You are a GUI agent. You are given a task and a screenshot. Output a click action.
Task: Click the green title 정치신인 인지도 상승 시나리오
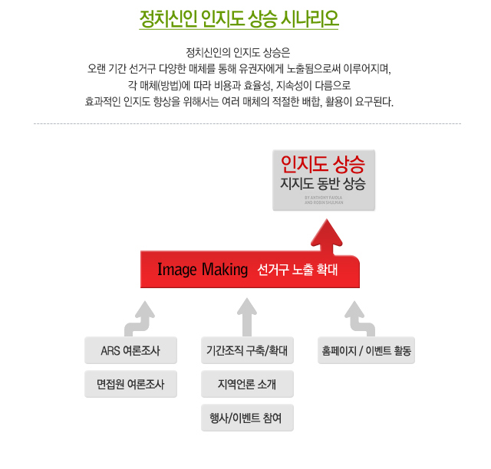click(x=239, y=18)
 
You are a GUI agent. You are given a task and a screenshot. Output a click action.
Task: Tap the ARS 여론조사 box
click(x=130, y=351)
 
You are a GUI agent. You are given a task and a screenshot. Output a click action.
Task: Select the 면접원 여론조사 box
click(x=130, y=383)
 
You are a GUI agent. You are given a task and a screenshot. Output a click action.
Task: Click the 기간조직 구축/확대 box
click(x=247, y=351)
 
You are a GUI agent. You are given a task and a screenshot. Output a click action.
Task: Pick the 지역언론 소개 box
click(x=247, y=383)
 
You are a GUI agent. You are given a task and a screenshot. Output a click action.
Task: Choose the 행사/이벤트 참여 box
click(x=247, y=418)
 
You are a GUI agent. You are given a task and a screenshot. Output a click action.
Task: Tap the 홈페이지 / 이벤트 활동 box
click(x=366, y=351)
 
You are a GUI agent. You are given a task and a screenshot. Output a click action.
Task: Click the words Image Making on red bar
click(x=203, y=269)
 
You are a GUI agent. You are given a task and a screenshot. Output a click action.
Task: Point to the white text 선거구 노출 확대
click(x=298, y=270)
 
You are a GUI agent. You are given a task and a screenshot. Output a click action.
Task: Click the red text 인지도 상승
click(x=323, y=163)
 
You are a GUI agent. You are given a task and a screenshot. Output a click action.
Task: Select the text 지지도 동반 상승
click(x=323, y=184)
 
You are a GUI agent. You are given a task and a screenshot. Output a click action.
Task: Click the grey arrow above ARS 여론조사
click(x=143, y=314)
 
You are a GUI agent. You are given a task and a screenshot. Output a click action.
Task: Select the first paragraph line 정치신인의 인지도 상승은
click(x=239, y=53)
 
